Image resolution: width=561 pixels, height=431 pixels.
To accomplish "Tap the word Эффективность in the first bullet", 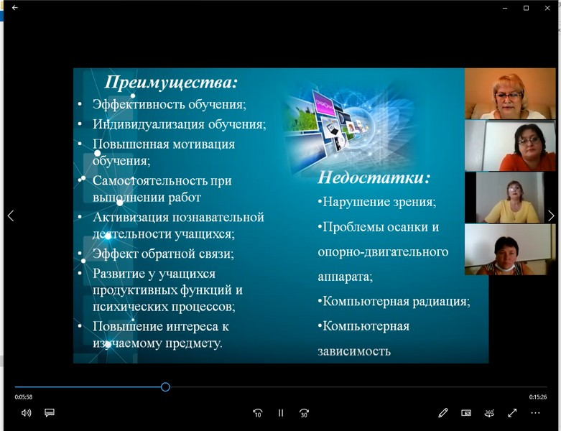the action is [139, 104].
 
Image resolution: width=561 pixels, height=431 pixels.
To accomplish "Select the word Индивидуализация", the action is [149, 124].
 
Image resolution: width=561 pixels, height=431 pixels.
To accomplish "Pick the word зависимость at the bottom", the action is [354, 351].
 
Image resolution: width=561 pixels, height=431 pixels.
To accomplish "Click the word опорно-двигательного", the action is [383, 252].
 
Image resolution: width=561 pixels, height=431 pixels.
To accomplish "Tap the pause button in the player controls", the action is [281, 413].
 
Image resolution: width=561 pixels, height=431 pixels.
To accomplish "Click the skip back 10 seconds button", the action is [258, 413].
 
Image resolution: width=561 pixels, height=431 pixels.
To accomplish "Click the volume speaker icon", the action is [26, 413].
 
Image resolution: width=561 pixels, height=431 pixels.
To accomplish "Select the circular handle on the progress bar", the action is [165, 386].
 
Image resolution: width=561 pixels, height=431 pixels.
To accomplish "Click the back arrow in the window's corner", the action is [15, 7].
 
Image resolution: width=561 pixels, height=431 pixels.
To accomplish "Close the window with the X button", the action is [547, 8].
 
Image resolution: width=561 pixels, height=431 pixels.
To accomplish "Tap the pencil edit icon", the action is [443, 413].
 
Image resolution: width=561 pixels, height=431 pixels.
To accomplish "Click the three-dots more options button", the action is [536, 413].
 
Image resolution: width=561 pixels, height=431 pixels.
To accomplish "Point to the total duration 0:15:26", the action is [538, 397].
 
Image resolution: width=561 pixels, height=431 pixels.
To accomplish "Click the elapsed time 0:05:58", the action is [24, 397].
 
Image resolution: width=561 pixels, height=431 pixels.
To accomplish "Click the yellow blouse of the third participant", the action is [511, 213].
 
